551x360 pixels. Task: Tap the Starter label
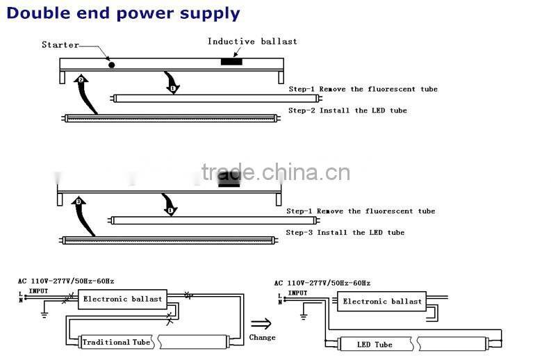tap(60, 45)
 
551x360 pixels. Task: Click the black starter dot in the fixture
tap(111, 65)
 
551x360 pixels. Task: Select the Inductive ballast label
tap(252, 42)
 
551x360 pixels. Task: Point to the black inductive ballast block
tap(231, 63)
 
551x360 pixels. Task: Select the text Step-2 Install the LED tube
tap(347, 111)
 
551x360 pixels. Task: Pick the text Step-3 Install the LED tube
tap(345, 232)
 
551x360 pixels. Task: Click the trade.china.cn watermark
tap(275, 172)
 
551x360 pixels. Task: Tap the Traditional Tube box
tap(115, 342)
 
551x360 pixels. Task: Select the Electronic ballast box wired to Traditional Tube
tap(122, 299)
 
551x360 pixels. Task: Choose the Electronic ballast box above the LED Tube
tap(382, 302)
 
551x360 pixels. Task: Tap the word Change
tap(262, 338)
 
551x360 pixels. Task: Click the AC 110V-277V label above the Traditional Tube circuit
tap(66, 281)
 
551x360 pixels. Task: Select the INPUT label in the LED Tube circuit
tap(297, 293)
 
